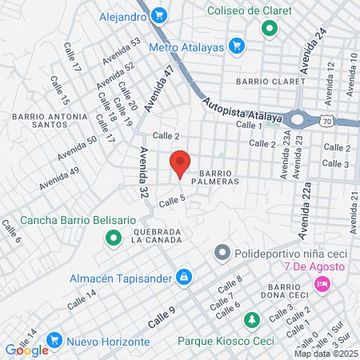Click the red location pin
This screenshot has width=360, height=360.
pyautogui.click(x=180, y=163)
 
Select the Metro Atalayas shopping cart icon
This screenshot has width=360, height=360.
pyautogui.click(x=236, y=46)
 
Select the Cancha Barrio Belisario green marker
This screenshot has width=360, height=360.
pyautogui.click(x=113, y=238)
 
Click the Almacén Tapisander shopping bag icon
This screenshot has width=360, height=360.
pyautogui.click(x=184, y=276)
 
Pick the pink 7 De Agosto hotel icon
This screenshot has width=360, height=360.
pyautogui.click(x=322, y=284)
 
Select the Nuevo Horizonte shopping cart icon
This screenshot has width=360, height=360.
pyautogui.click(x=55, y=340)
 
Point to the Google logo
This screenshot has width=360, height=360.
pyautogui.click(x=26, y=350)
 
